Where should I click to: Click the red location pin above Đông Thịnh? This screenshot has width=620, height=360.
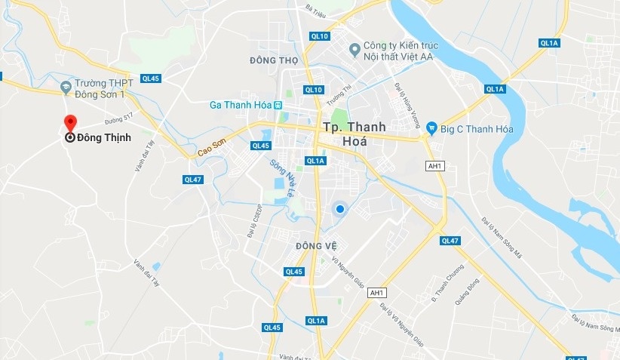pyautogui.click(x=70, y=122)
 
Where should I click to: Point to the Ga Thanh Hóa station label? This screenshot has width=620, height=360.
pyautogui.click(x=240, y=105)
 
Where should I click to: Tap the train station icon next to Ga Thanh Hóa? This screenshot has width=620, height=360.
pyautogui.click(x=278, y=105)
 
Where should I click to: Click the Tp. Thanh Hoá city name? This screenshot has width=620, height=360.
pyautogui.click(x=353, y=134)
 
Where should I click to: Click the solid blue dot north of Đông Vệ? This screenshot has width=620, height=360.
pyautogui.click(x=340, y=208)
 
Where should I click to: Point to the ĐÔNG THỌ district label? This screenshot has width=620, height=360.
pyautogui.click(x=274, y=60)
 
